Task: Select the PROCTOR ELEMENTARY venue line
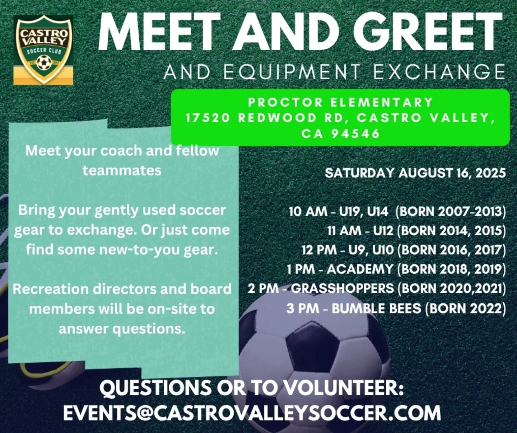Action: pos(340,102)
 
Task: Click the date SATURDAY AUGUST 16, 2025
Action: pos(415,173)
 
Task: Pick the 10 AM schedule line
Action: pos(397,211)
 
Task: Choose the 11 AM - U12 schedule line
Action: pos(416,230)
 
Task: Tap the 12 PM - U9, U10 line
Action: pos(404,250)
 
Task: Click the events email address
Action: pos(252,413)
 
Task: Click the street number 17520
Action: pos(208,118)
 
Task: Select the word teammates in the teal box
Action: pos(122,170)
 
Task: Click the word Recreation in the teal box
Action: pos(51,289)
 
